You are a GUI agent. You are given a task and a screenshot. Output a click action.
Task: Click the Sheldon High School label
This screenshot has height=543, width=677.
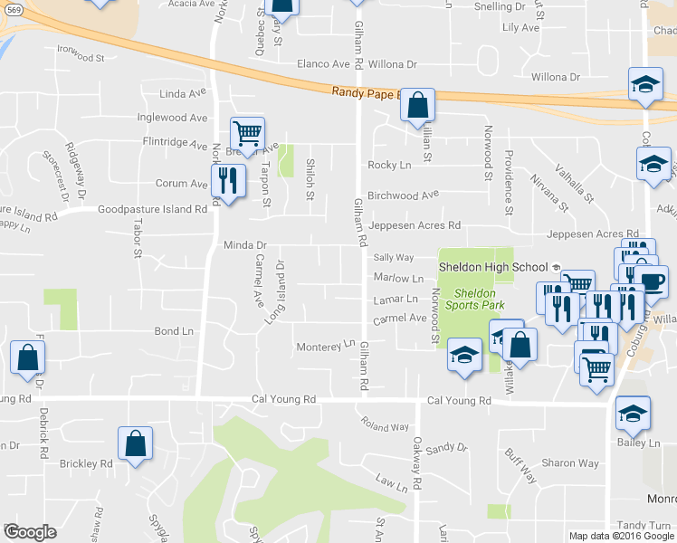pos(493,267)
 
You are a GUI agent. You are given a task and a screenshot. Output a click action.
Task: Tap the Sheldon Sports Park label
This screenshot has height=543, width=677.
pos(474,300)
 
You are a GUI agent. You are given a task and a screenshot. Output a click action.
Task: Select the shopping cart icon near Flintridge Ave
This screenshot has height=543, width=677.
pos(247,134)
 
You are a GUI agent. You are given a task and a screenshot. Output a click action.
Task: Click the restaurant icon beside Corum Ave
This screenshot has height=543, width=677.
pos(228,180)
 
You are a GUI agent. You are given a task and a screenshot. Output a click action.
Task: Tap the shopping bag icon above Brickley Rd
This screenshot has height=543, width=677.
pos(136,443)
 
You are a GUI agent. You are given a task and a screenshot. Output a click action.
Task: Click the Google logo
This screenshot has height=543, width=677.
pos(30,532)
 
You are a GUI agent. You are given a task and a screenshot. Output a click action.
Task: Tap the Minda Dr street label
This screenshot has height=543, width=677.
pos(245,245)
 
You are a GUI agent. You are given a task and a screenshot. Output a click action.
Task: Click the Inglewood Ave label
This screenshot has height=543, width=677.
pos(172,118)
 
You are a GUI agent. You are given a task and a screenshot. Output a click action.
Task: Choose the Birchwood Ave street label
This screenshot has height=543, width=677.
pos(403,194)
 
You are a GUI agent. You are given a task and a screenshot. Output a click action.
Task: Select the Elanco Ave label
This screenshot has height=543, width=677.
pos(323,65)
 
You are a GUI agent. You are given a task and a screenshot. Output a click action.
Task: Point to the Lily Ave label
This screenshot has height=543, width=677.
pos(520,28)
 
